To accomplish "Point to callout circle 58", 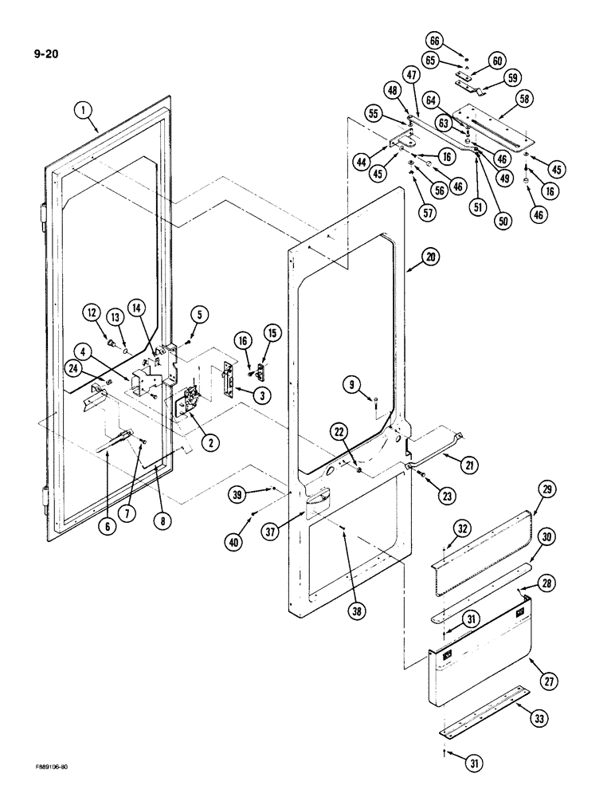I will tap(524, 99).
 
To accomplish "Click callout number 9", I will tap(351, 385).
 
